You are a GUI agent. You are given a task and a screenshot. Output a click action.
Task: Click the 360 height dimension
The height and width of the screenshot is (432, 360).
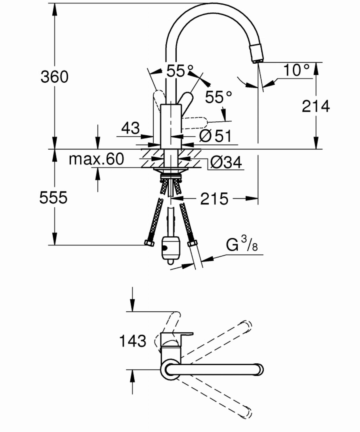click(x=54, y=77)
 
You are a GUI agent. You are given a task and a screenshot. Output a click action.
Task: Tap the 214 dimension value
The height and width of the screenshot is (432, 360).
click(x=316, y=107)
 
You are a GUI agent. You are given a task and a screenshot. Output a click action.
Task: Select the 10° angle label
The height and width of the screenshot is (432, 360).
click(x=296, y=70)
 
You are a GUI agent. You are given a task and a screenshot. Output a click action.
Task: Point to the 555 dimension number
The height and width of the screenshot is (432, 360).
click(x=53, y=197)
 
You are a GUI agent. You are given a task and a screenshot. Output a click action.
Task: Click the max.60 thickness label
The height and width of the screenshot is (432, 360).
click(x=96, y=159)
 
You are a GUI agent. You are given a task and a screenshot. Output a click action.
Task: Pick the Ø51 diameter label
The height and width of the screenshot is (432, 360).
click(x=215, y=136)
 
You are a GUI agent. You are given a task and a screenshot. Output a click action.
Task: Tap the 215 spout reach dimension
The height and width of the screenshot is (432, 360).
click(x=214, y=199)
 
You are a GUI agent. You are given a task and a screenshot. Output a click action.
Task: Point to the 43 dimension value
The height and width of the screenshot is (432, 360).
click(x=130, y=128)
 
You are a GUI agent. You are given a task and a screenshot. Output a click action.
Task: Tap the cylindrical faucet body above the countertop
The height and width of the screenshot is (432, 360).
click(x=171, y=126)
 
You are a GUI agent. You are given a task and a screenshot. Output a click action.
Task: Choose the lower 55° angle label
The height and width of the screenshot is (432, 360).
click(x=219, y=97)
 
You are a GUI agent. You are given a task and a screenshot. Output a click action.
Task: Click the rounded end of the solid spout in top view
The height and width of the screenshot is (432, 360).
click(x=260, y=370)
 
